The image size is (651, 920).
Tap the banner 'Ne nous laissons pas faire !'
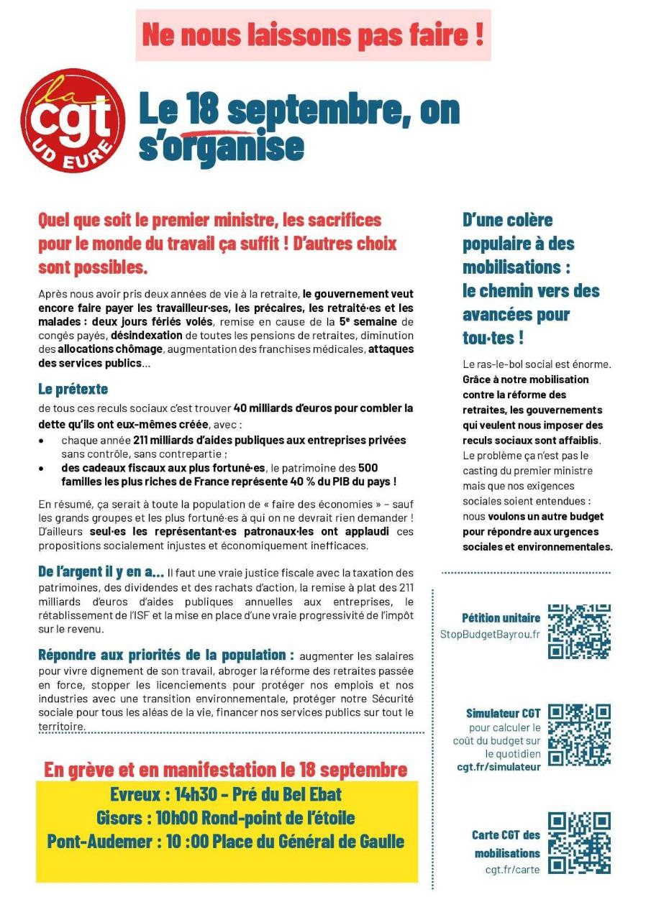click(313, 35)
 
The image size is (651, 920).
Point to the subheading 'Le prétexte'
click(73, 389)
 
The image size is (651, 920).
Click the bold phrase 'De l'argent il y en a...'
click(101, 572)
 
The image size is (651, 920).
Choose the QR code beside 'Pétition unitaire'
click(579, 631)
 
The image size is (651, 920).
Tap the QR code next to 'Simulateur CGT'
click(579, 735)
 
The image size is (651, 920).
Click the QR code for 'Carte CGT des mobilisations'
click(579, 843)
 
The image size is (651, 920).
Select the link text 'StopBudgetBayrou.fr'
click(490, 635)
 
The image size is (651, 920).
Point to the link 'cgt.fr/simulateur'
click(499, 767)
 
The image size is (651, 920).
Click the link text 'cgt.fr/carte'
click(512, 870)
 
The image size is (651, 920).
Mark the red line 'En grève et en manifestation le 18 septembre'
click(226, 770)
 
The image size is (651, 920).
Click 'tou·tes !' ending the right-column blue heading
click(493, 338)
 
